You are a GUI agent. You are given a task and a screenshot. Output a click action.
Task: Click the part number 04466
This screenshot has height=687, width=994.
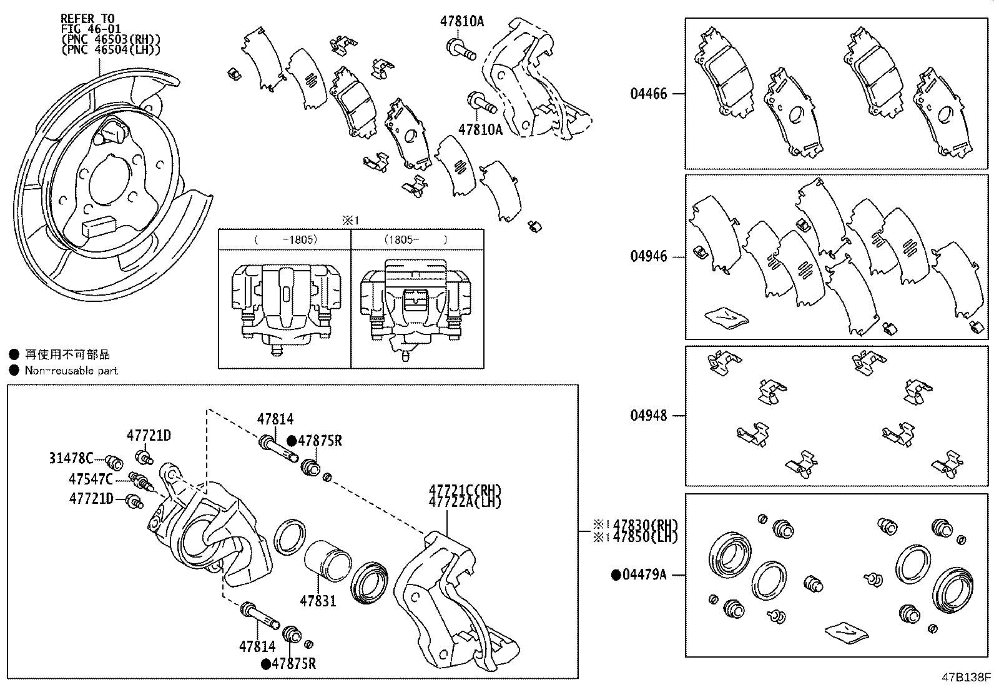tap(648, 94)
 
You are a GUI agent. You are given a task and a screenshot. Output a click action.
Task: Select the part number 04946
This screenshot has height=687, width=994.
tap(648, 256)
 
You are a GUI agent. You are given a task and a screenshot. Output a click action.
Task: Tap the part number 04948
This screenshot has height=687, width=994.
tap(648, 416)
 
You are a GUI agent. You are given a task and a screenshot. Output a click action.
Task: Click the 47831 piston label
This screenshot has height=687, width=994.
tap(318, 601)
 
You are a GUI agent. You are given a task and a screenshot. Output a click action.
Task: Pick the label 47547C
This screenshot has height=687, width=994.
tap(91, 479)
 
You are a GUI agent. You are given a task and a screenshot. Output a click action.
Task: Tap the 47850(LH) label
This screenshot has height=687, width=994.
tap(645, 536)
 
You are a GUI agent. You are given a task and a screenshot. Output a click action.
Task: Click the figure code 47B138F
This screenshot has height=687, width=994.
tap(967, 677)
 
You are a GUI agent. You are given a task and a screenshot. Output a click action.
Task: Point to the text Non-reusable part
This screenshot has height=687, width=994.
tap(71, 370)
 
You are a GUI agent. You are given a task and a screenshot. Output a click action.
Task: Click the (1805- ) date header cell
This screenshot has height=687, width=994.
tap(416, 239)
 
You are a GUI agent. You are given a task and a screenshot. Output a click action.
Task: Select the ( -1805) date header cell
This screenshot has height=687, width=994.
tap(285, 239)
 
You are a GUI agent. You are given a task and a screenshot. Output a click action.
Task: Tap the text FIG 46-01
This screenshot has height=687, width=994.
tap(87, 29)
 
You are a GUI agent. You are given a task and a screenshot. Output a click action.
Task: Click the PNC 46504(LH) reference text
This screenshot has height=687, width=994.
tap(111, 48)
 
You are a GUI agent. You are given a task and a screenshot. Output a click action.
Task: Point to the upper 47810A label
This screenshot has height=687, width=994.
tap(462, 21)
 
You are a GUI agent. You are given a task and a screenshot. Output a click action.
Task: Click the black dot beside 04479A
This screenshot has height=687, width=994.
tap(616, 574)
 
